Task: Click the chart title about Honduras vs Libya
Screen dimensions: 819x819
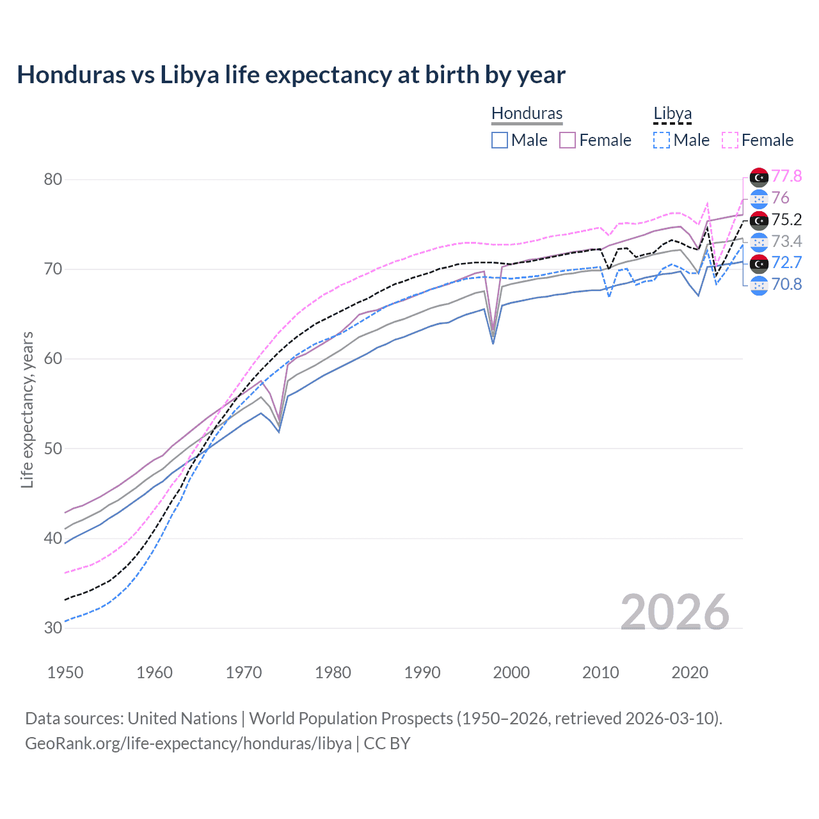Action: point(291,75)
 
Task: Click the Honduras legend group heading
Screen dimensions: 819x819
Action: point(527,113)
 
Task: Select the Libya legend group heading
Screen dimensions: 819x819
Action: point(672,113)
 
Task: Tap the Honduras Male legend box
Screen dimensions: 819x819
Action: point(500,140)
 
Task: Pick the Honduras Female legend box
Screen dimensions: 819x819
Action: point(568,140)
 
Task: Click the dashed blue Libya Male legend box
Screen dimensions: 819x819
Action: point(662,140)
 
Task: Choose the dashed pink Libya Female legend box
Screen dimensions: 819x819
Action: point(730,140)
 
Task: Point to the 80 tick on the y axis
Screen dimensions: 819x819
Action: point(53,179)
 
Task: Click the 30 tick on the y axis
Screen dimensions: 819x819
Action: point(53,628)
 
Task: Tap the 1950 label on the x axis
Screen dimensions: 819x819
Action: point(65,672)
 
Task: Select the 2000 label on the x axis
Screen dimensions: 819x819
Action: point(511,672)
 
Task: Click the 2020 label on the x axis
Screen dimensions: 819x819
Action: point(690,672)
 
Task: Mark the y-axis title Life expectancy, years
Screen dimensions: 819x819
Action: point(27,409)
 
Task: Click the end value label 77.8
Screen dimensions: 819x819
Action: point(786,176)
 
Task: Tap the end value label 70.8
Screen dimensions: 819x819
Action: point(786,284)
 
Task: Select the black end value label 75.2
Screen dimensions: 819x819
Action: point(786,219)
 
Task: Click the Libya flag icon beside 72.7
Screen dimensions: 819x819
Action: point(759,263)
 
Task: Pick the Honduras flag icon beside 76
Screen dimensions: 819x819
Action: point(759,198)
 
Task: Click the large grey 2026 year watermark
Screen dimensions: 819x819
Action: point(674,612)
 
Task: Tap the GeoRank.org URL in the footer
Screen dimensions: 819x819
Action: point(188,743)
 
